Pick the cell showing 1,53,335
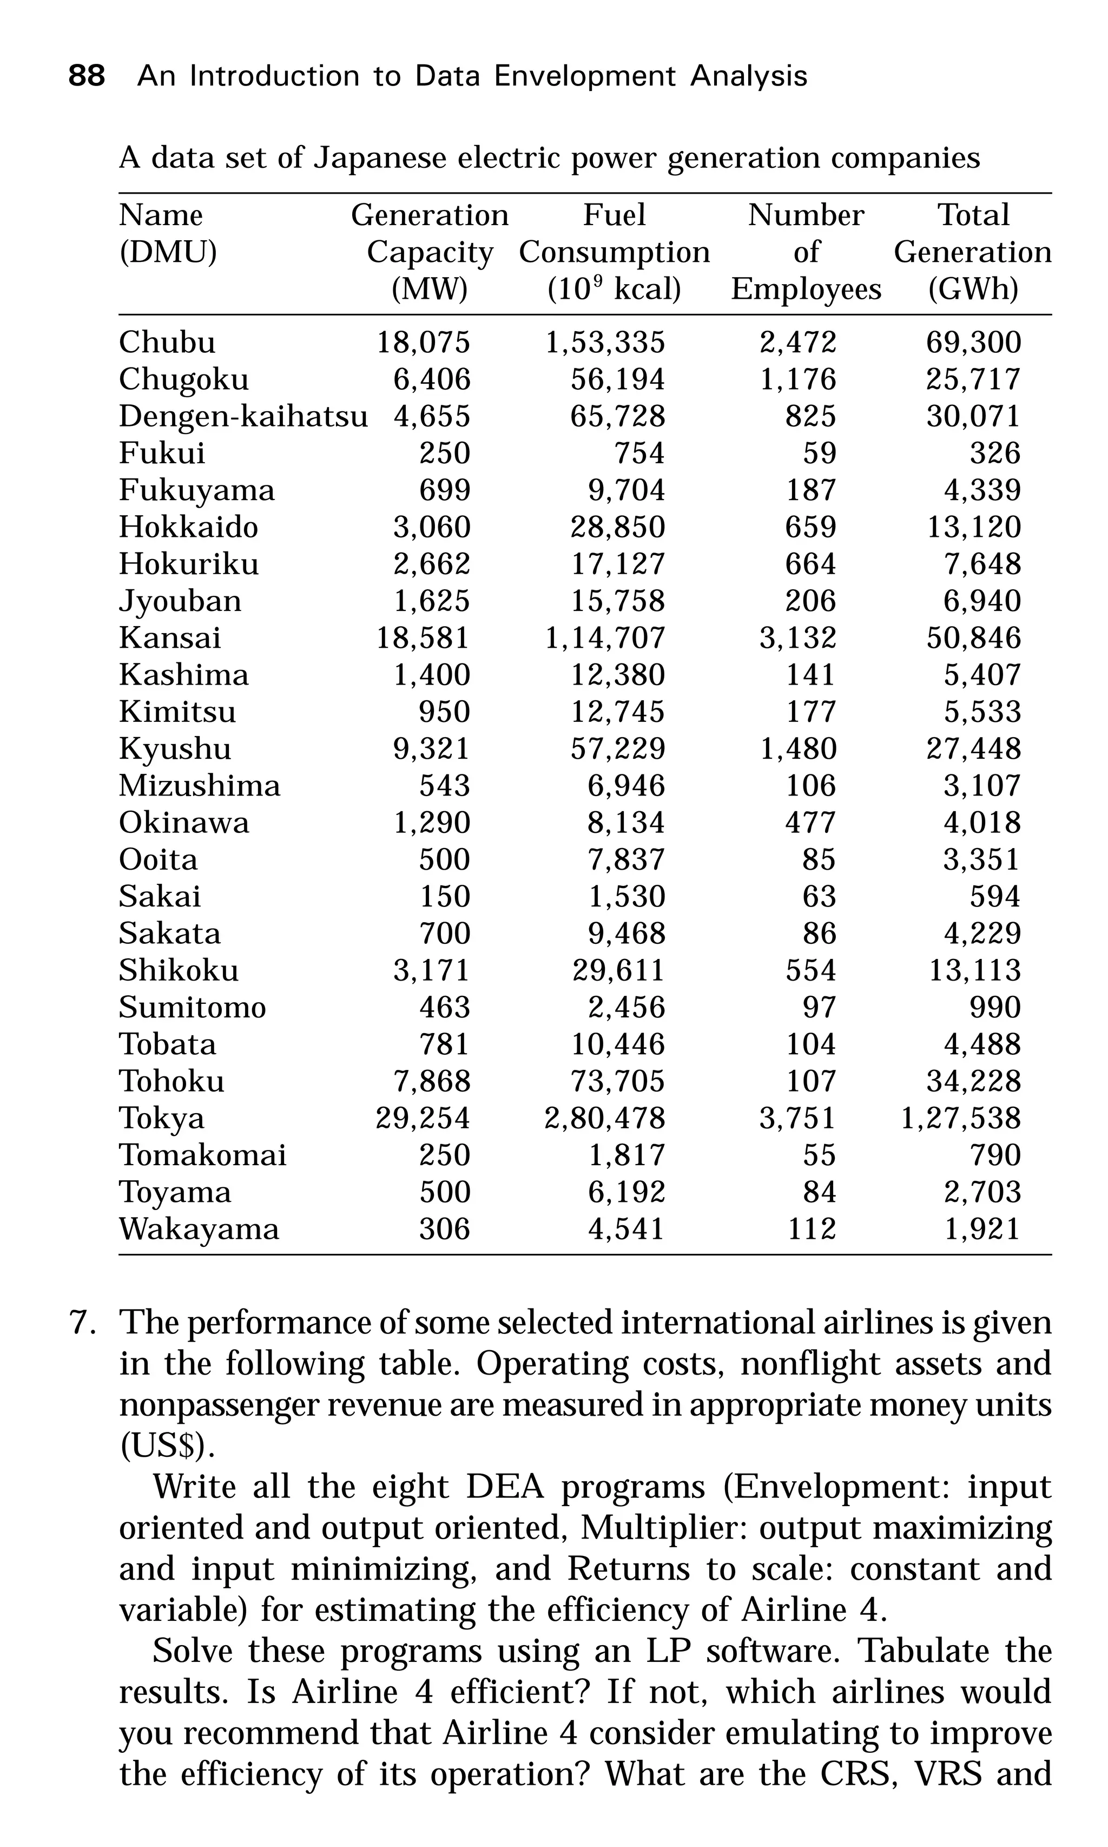(x=605, y=342)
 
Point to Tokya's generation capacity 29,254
(x=423, y=1118)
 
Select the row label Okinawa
(x=183, y=822)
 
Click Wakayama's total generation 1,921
(x=982, y=1228)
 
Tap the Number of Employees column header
(x=806, y=252)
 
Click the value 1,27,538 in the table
(x=960, y=1118)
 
